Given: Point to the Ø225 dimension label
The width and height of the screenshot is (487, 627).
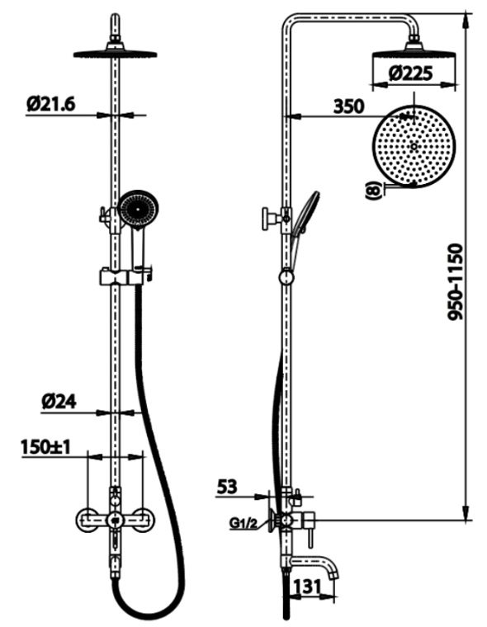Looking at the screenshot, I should coord(414,73).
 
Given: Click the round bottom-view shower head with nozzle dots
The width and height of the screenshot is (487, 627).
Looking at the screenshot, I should coord(414,143).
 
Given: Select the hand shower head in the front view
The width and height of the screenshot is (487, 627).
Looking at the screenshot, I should coord(139,210).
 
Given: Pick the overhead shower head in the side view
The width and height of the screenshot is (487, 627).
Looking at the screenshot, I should coord(414,54).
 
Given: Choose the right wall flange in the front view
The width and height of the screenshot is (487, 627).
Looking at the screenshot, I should coord(142,520).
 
